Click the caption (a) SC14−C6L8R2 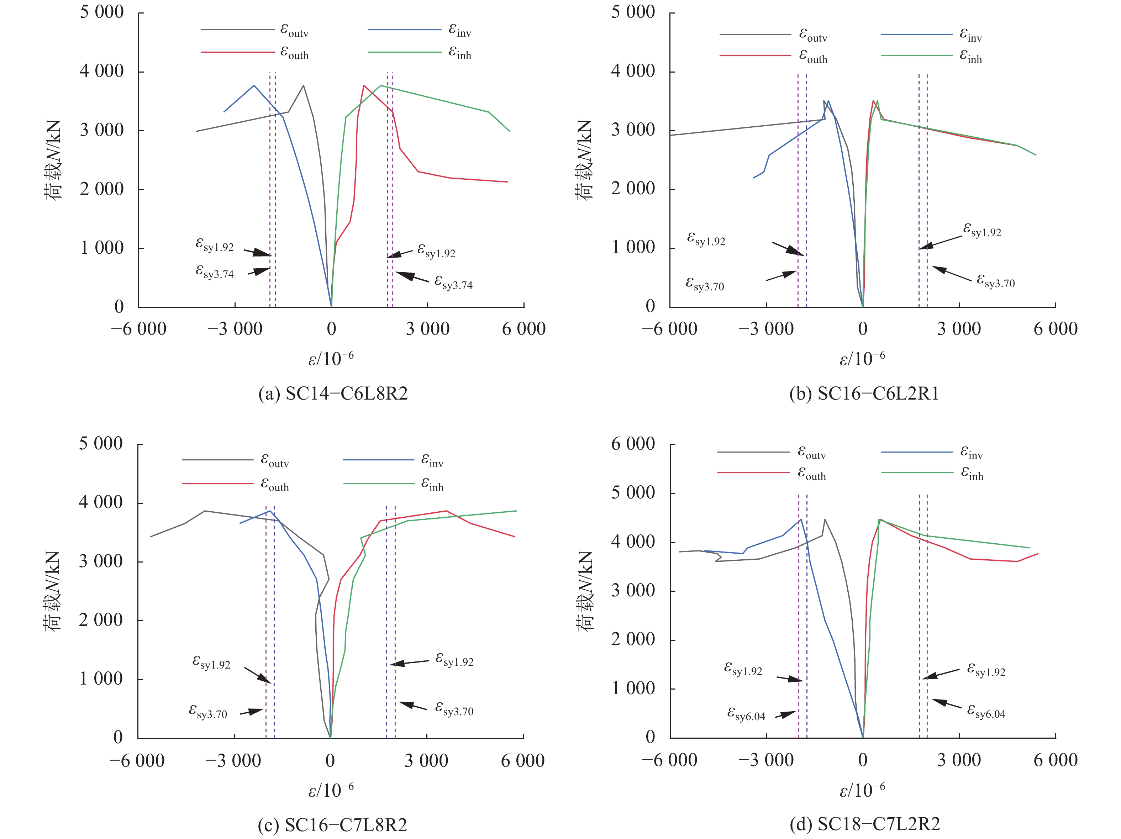(x=333, y=394)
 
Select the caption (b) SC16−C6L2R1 (x=864, y=394)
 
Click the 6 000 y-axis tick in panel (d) (x=633, y=444)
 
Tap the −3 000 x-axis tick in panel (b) (x=766, y=329)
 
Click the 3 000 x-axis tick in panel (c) (x=426, y=760)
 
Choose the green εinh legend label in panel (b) (x=970, y=56)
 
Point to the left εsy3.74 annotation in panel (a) (x=215, y=273)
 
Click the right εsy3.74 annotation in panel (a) (x=453, y=283)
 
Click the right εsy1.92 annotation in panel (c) (x=454, y=660)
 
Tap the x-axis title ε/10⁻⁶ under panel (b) (x=862, y=359)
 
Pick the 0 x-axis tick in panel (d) (x=863, y=760)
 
